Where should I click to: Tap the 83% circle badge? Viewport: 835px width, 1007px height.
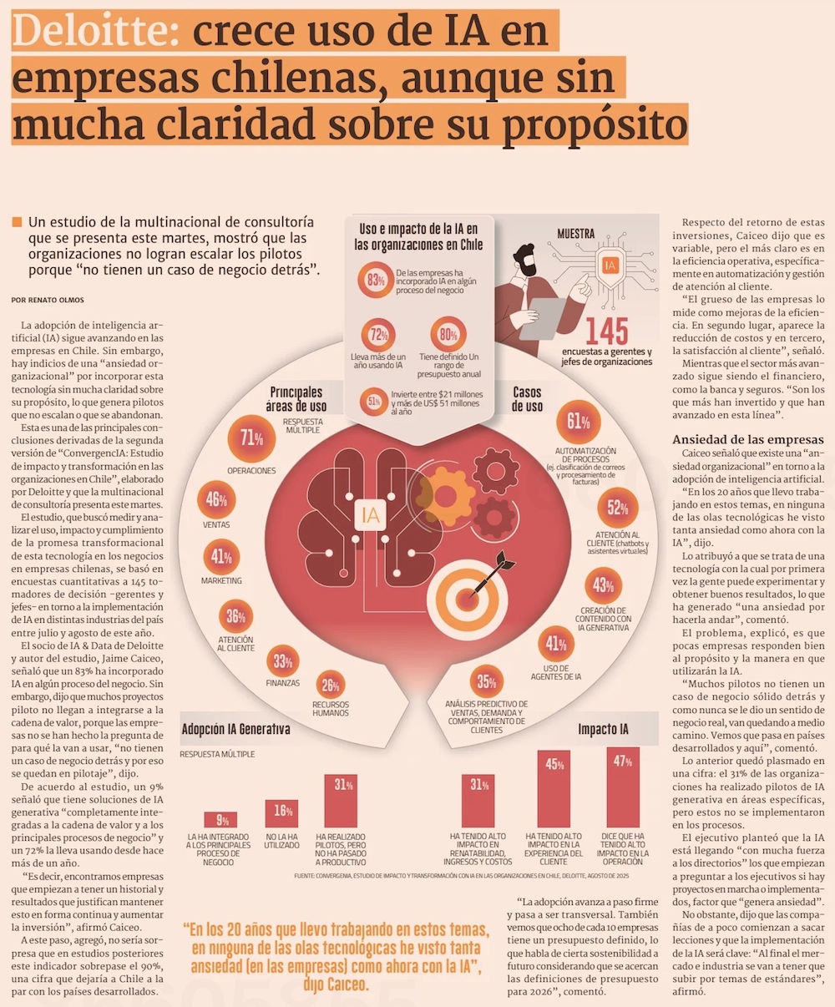coord(375,281)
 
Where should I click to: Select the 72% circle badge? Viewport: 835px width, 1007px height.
coord(377,335)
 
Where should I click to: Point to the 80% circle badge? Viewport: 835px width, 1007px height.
coord(448,334)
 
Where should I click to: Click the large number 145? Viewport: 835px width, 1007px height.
coord(607,332)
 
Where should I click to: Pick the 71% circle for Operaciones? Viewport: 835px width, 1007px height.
coord(251,438)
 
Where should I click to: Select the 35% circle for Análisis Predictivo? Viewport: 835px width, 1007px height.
coord(486,682)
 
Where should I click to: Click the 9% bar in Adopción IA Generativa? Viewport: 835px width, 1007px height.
coord(221,820)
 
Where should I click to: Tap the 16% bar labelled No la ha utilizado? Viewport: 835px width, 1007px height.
coord(281,813)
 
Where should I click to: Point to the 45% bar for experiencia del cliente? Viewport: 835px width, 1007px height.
coord(554,788)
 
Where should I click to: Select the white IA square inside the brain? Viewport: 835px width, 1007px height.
coord(370,515)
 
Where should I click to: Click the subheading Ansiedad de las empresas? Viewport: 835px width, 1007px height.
coord(748,440)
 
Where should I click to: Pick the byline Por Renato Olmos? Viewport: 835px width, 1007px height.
coord(48,300)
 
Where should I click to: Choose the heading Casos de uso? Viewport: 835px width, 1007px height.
coord(528,399)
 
